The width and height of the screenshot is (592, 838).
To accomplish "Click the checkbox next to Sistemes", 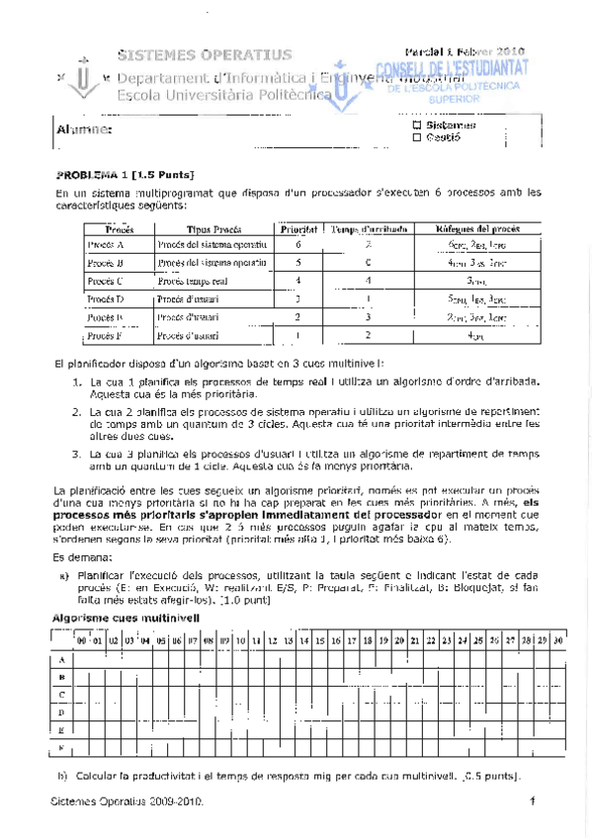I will click(x=416, y=126).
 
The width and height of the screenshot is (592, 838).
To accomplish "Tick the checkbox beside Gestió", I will click(x=416, y=138).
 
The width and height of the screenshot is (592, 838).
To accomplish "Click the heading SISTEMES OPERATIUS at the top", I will click(x=205, y=53).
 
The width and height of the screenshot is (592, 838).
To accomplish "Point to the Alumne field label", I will click(x=83, y=130).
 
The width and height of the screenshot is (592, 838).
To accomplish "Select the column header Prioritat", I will click(x=297, y=228).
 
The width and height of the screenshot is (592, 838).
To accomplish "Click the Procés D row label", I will click(x=106, y=297).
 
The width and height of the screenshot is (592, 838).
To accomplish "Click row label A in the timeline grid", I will click(x=62, y=659).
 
